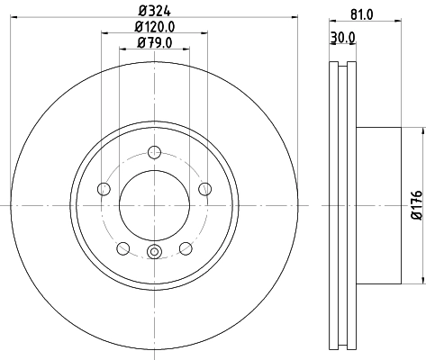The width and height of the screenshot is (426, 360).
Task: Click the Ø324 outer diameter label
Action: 154,12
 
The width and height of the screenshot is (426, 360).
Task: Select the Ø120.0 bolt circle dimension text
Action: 154,27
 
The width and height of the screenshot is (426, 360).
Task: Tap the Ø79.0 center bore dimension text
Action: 154,42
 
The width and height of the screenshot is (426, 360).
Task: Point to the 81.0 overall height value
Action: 362,12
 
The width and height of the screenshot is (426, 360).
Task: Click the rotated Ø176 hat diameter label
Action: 416,205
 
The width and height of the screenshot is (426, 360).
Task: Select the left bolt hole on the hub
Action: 103,189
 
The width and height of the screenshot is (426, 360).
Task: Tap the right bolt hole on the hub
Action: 205,189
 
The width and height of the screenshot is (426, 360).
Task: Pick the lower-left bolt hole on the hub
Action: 122,248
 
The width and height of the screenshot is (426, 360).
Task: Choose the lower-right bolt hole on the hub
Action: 186,248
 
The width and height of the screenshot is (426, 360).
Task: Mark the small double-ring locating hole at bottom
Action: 154,252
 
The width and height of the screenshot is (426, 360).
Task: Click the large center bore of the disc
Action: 154,205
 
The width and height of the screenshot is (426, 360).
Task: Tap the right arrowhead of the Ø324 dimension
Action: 297,20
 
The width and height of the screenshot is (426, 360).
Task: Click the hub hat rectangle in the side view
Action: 378,205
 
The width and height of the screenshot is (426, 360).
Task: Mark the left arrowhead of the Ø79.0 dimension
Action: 122,50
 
